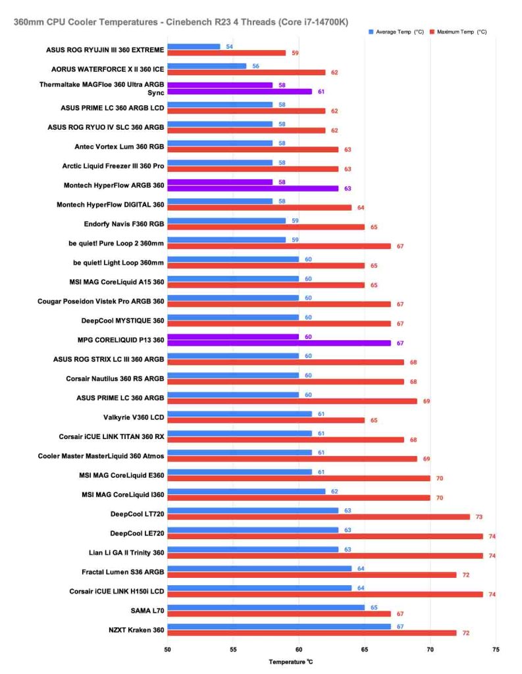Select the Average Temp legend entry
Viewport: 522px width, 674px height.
394,32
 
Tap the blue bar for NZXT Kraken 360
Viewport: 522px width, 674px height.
279,627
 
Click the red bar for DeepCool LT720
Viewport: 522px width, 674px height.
319,517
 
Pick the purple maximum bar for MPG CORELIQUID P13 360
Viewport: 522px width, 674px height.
279,343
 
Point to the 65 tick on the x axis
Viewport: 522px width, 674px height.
365,648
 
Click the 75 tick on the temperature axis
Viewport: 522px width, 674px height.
495,648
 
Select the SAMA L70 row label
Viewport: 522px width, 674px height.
146,610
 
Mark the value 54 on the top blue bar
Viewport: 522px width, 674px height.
229,47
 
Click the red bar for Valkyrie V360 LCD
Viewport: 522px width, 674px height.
266,420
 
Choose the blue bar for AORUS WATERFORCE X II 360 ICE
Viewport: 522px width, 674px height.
207,66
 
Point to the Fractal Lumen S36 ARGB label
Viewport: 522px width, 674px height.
123,571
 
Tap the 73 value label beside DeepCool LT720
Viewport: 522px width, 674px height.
479,517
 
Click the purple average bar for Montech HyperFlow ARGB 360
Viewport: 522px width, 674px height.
220,182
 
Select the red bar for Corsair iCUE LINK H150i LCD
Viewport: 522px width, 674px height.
325,594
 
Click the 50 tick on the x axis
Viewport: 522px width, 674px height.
168,648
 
